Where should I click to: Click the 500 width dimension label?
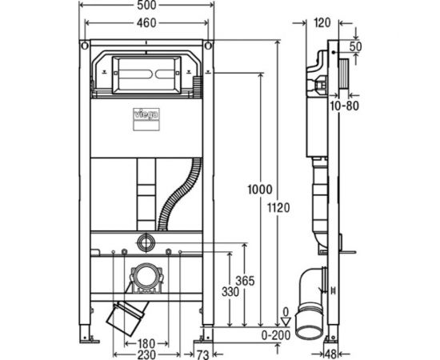(146, 5)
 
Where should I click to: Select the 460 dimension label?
(146, 22)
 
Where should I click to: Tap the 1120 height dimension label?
(278, 208)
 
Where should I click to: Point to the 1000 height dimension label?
(260, 190)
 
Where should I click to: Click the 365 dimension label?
(245, 281)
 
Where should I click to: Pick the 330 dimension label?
(230, 292)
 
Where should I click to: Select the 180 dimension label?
(146, 343)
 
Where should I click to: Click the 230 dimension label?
(146, 354)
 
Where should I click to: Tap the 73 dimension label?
(202, 355)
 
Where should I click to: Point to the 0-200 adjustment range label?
(276, 335)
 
